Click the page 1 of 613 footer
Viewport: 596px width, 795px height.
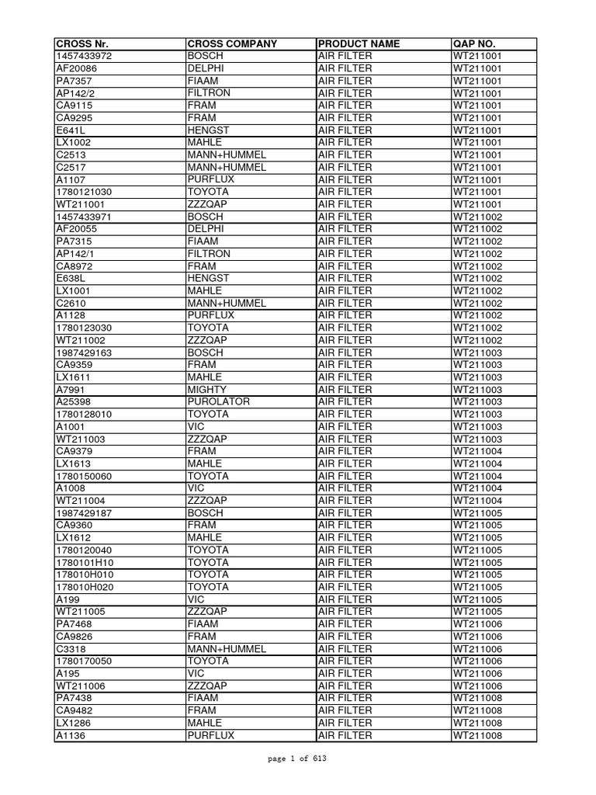click(x=298, y=759)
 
